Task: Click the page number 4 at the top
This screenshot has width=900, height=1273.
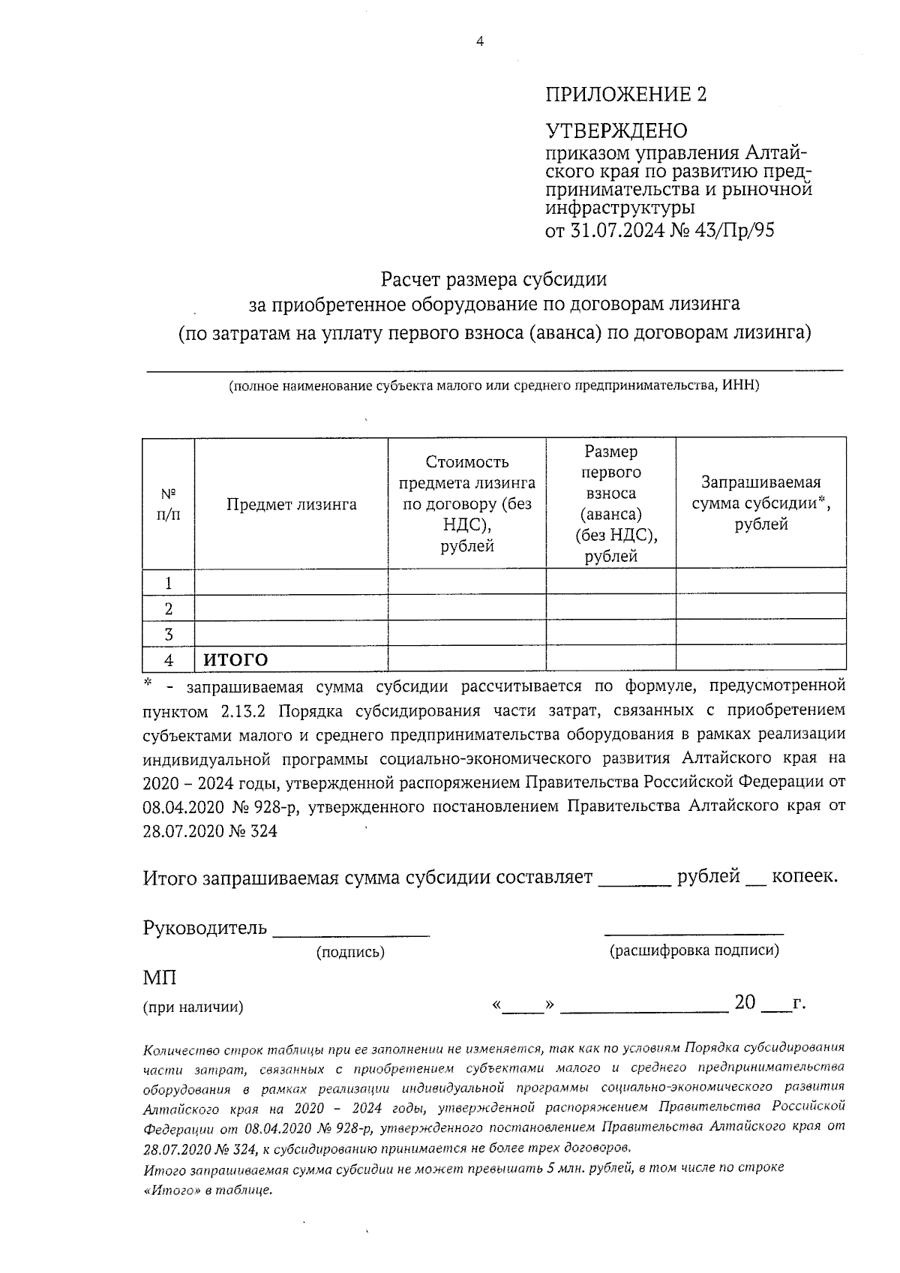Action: click(480, 42)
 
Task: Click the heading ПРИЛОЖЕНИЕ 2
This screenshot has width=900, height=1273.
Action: click(626, 95)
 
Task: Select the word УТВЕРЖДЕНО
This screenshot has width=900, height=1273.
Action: click(616, 131)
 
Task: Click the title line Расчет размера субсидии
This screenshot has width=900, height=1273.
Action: click(493, 280)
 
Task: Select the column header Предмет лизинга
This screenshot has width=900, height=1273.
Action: click(291, 505)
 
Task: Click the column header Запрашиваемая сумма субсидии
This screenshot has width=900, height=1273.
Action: click(760, 503)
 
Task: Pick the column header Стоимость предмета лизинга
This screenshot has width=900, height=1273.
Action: click(466, 503)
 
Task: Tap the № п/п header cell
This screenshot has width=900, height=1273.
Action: click(168, 505)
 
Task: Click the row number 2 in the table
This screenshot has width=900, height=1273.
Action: click(168, 608)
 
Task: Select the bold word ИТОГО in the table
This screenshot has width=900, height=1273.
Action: click(235, 660)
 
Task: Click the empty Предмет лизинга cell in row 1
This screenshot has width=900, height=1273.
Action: click(291, 583)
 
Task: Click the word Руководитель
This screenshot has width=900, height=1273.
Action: click(205, 928)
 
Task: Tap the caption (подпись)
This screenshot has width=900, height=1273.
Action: click(350, 953)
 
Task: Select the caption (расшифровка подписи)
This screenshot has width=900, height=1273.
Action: click(694, 951)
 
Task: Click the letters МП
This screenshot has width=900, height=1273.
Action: click(159, 978)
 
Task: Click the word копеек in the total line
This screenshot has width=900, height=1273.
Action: click(804, 876)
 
